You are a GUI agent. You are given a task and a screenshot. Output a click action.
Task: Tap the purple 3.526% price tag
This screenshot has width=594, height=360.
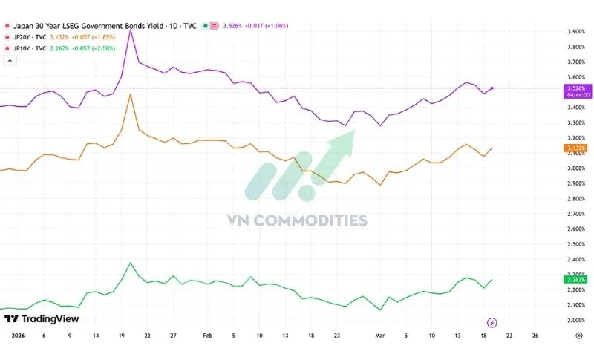point(575,88)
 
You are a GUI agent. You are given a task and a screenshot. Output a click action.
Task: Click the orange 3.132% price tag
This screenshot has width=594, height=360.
point(575,148)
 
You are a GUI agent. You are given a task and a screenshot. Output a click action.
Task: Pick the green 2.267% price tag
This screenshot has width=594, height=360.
point(575,279)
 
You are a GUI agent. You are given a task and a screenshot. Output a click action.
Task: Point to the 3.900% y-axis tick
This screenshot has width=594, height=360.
point(576,32)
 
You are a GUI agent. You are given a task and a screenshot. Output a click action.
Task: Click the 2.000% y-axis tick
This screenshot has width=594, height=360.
point(576,320)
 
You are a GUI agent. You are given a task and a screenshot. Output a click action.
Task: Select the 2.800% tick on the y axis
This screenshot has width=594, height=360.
point(576,199)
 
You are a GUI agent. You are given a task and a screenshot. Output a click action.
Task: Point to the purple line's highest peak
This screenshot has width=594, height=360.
point(131,30)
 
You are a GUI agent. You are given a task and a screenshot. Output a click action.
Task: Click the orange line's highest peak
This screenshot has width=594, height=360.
point(131,94)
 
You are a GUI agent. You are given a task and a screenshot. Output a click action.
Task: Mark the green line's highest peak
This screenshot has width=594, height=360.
point(131,263)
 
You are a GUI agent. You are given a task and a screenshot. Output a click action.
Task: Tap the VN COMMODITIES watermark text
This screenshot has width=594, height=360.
point(297,220)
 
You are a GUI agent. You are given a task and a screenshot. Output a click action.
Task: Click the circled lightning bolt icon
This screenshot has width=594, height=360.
point(492,322)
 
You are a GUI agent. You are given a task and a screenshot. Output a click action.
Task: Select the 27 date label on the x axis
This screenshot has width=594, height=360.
point(173,336)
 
